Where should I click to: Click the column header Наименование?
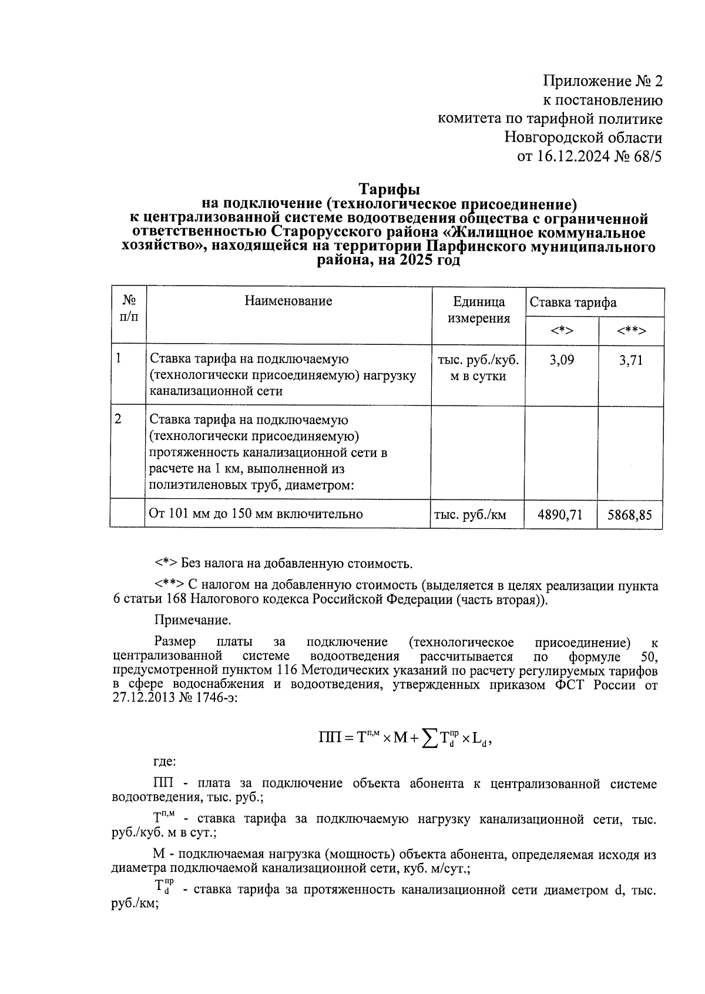pyautogui.click(x=288, y=301)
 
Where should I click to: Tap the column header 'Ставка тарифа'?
pyautogui.click(x=573, y=303)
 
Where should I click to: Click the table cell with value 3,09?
pyautogui.click(x=562, y=360)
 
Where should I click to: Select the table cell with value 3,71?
pyautogui.click(x=631, y=360)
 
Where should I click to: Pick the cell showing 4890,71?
pyautogui.click(x=560, y=515)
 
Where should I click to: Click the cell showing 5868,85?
pyautogui.click(x=630, y=515)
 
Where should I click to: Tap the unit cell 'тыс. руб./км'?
pyautogui.click(x=470, y=515)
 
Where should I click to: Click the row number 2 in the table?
pyautogui.click(x=119, y=419)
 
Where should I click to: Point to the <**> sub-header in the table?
pyautogui.click(x=632, y=331)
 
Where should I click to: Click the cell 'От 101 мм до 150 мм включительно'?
pyautogui.click(x=256, y=515)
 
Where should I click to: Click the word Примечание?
pyautogui.click(x=193, y=620)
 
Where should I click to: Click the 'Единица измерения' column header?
pyautogui.click(x=479, y=310)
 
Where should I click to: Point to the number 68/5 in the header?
pyautogui.click(x=647, y=157)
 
